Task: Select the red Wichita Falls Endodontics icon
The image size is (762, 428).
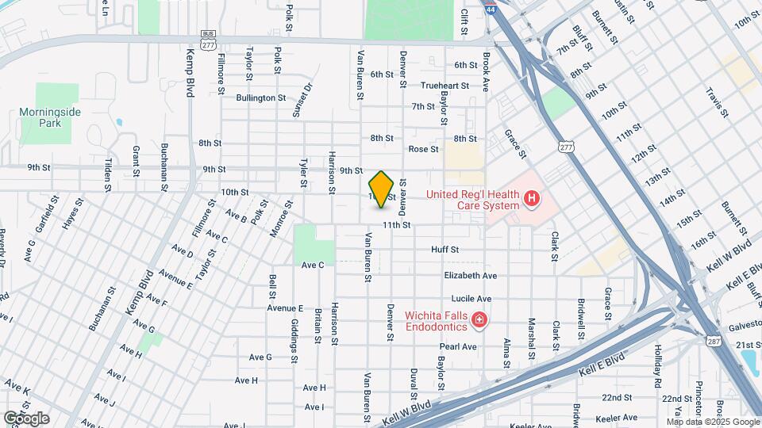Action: [479, 319]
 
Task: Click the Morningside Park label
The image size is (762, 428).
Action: [50, 118]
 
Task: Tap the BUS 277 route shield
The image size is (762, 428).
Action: [209, 43]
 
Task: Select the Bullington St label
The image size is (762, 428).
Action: [260, 98]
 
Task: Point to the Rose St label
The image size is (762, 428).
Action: [423, 149]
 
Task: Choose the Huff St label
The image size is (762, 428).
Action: [444, 250]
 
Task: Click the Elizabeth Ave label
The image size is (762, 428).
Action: [470, 276]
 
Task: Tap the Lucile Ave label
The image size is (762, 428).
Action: [472, 300]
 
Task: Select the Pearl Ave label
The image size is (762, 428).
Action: [458, 347]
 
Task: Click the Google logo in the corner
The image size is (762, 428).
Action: [26, 418]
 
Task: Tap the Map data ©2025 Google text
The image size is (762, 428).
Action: [712, 422]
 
